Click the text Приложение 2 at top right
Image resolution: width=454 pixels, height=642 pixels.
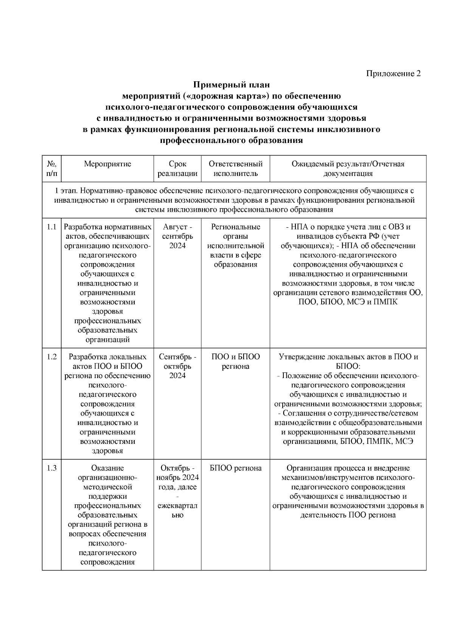click(x=393, y=73)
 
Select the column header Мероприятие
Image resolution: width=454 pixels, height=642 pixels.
click(x=107, y=164)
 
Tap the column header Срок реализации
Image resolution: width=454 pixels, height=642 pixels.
click(x=177, y=169)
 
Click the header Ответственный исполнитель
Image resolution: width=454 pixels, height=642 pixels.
click(x=235, y=169)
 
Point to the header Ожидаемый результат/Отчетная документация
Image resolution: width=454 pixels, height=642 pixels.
click(x=348, y=169)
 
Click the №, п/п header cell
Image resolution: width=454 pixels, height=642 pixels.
click(x=52, y=169)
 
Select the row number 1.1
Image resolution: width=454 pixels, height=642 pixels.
click(x=52, y=227)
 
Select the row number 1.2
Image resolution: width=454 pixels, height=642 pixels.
click(x=52, y=357)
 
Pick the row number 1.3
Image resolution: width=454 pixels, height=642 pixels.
click(x=52, y=468)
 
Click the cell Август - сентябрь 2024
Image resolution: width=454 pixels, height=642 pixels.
click(x=177, y=236)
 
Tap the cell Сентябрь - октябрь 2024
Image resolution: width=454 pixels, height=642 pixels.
click(x=177, y=366)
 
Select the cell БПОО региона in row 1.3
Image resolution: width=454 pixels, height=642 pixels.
click(x=235, y=468)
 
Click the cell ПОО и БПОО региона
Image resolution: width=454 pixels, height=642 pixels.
click(x=235, y=361)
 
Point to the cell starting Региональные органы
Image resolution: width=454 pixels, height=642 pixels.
click(x=235, y=246)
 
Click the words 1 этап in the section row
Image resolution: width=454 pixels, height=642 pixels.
click(x=67, y=191)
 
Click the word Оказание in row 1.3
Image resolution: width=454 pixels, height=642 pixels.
click(x=107, y=468)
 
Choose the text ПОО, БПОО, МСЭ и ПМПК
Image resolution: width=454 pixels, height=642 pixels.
click(x=348, y=302)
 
